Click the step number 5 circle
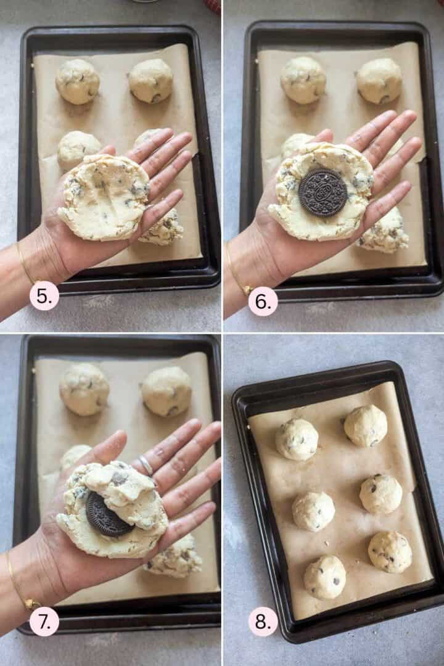click(44, 295)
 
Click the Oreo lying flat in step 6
click(323, 192)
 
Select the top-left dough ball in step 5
click(77, 81)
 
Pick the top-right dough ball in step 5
click(151, 80)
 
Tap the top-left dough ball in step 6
click(303, 80)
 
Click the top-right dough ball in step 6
click(379, 80)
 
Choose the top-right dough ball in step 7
click(166, 391)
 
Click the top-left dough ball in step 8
click(297, 439)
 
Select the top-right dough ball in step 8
click(366, 425)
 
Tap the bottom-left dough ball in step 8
click(324, 577)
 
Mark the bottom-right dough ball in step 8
click(390, 552)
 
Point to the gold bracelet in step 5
click(25, 265)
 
